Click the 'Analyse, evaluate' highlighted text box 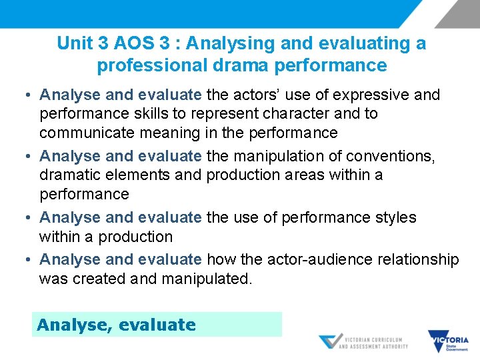[x=157, y=325]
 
